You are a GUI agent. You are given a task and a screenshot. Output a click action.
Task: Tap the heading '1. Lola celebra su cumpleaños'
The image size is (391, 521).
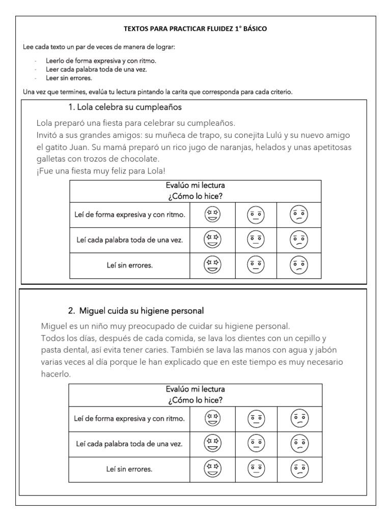coord(125,107)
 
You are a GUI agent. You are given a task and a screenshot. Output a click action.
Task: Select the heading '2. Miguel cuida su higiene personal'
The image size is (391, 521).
coord(136,310)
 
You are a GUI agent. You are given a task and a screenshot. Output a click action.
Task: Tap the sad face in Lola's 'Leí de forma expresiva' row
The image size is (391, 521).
coord(299,215)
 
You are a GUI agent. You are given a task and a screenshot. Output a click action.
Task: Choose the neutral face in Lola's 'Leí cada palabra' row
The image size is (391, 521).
coord(256,240)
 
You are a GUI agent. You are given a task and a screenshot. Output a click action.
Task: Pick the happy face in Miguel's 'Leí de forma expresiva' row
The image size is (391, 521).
coord(212,419)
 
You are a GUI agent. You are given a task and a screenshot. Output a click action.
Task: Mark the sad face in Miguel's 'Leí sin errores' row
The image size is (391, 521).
coord(299,469)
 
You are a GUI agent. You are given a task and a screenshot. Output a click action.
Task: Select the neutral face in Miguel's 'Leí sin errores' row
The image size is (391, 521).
coord(256,469)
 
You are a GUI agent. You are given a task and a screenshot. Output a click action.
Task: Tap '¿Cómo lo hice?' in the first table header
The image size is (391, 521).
coord(195,196)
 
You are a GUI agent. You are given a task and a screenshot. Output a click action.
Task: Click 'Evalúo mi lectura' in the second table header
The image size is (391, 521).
coord(195,389)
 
